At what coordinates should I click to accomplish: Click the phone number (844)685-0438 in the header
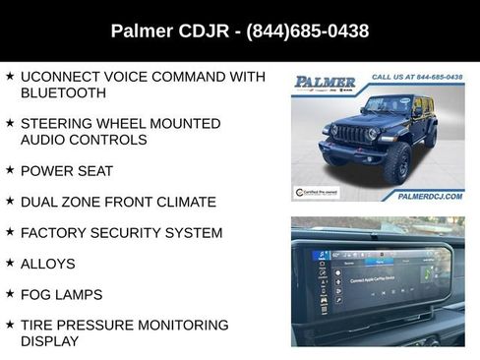309,31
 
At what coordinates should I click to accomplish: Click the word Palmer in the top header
143,31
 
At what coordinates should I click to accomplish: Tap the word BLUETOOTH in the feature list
63,92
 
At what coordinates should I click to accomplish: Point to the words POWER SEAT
67,171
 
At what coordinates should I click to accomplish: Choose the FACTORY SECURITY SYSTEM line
121,233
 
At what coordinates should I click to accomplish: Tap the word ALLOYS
47,264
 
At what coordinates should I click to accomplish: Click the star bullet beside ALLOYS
10,264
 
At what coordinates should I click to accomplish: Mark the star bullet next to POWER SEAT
10,170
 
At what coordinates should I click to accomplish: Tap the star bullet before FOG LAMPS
10,294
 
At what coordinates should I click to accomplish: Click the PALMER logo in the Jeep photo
326,81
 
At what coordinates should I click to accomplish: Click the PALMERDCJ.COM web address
430,196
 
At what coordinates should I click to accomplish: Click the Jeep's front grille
350,134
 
